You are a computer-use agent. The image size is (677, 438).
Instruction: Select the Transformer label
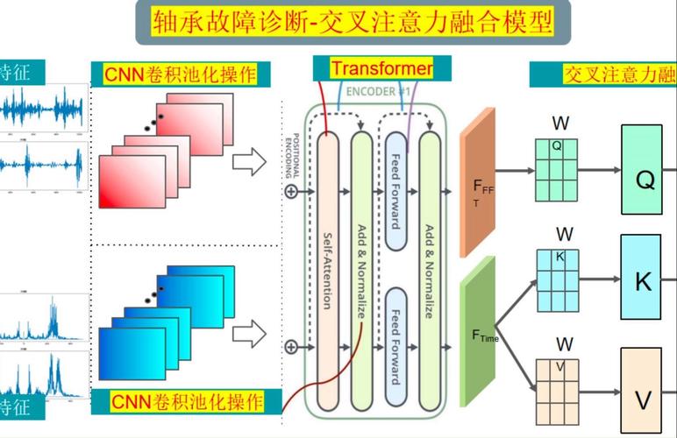click(x=381, y=68)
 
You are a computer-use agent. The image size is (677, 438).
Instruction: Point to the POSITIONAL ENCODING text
click(x=289, y=150)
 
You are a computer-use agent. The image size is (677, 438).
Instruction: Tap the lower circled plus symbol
click(x=290, y=347)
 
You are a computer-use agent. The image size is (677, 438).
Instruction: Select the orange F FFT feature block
click(x=479, y=185)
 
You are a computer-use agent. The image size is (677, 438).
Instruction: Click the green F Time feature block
click(x=479, y=332)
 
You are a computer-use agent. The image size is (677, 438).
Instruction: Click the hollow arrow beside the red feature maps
click(x=253, y=161)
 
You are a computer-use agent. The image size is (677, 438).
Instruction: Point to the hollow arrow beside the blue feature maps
click(x=253, y=333)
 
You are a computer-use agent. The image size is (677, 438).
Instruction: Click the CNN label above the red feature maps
click(x=181, y=74)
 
